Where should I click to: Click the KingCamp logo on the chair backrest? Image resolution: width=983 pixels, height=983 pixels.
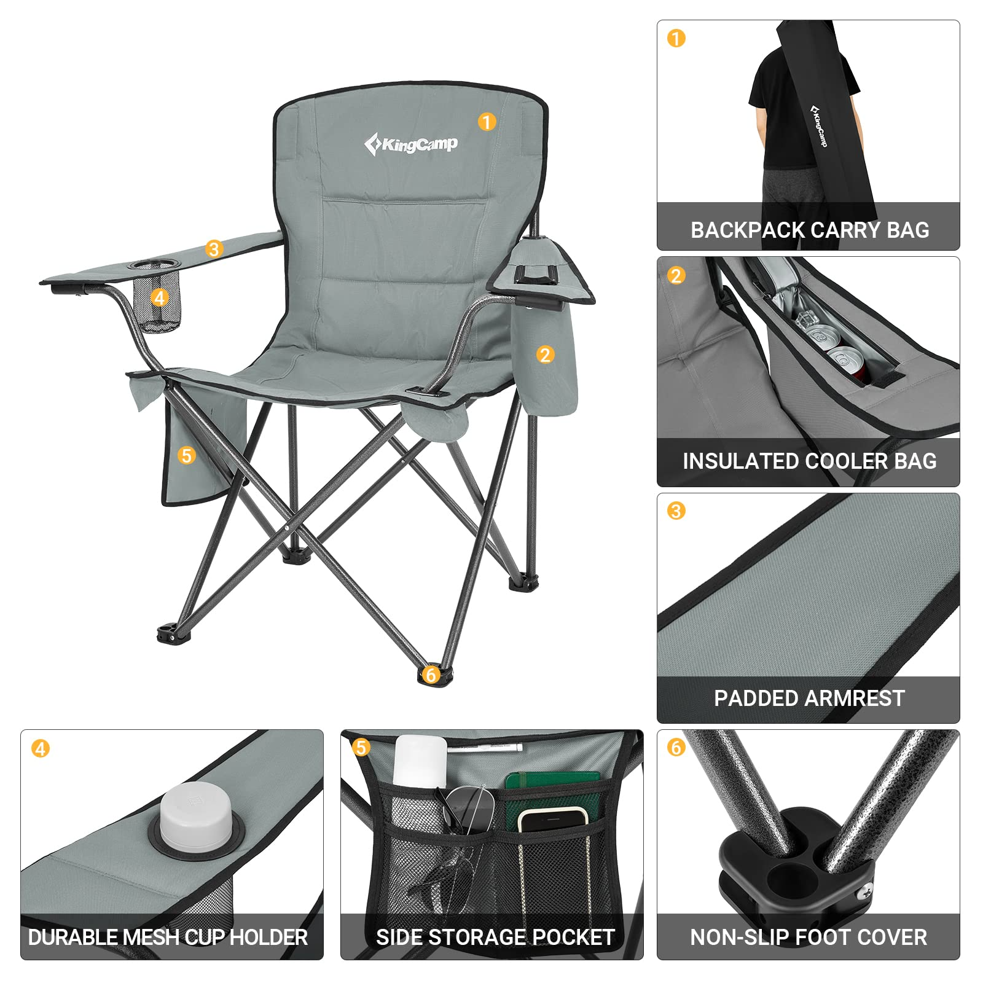[x=410, y=144]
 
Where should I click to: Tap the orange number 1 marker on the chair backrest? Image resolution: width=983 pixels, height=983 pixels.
[x=487, y=122]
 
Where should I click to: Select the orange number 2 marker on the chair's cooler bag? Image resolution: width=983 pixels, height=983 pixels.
[x=545, y=354]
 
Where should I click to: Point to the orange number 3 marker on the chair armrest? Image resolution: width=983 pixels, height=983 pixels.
[x=214, y=249]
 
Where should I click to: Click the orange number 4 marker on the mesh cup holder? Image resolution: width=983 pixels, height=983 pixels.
[x=160, y=298]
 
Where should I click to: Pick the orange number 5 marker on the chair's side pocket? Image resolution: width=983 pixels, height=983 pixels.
[x=187, y=455]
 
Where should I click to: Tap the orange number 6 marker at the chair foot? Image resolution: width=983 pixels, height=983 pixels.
[x=431, y=675]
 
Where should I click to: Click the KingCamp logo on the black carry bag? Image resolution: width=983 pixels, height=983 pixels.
[x=819, y=125]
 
